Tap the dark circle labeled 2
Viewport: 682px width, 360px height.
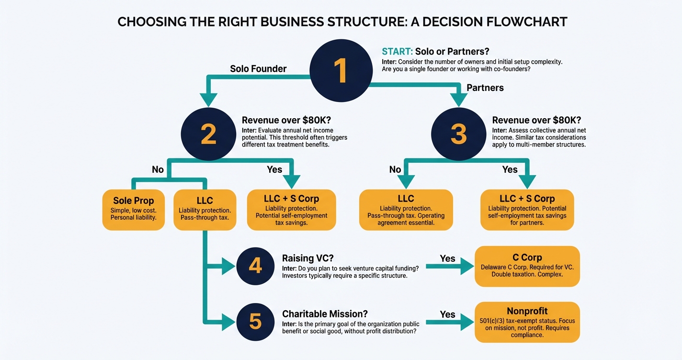click(x=208, y=135)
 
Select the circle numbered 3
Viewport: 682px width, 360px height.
click(x=458, y=135)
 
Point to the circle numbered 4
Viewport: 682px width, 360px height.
click(x=255, y=265)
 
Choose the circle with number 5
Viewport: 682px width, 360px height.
click(x=255, y=322)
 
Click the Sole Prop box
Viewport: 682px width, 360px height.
click(x=133, y=210)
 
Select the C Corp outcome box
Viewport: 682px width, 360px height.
click(x=527, y=267)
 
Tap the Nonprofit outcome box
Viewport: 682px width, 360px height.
click(x=527, y=322)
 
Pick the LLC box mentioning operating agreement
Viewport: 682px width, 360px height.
click(x=406, y=210)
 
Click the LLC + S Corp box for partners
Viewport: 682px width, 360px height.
click(x=527, y=210)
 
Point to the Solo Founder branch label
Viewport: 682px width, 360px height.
click(x=258, y=69)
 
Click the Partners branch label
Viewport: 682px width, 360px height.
click(x=485, y=88)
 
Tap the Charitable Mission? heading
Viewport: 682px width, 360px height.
click(x=325, y=314)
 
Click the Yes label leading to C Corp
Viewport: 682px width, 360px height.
click(x=447, y=259)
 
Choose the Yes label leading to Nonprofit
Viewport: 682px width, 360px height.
click(x=447, y=315)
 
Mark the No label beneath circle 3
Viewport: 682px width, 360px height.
click(x=395, y=169)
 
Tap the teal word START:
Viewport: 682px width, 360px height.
click(x=397, y=52)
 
